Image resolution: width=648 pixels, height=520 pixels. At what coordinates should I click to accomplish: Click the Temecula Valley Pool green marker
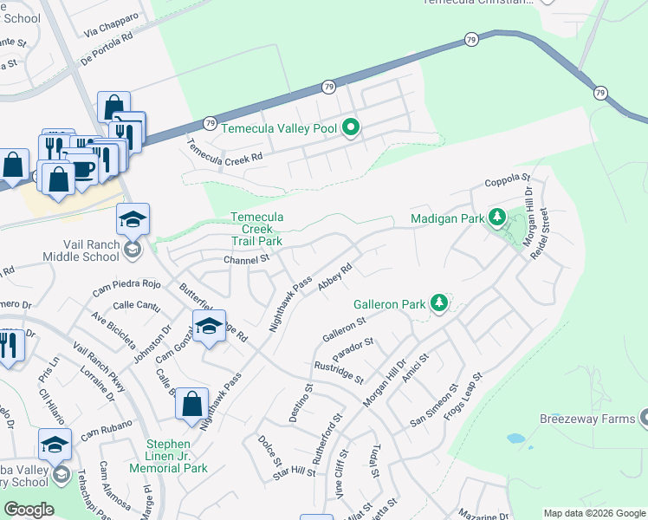coord(351,128)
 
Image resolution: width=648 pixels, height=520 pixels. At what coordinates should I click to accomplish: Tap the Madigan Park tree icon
coord(496,217)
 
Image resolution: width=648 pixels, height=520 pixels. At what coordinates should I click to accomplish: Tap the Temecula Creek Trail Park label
coord(256,229)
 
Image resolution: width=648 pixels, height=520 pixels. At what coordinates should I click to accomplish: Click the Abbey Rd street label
coord(334,278)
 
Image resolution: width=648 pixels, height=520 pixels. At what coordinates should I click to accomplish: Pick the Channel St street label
coord(247,258)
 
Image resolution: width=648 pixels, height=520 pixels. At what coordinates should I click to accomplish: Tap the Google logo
coord(29,510)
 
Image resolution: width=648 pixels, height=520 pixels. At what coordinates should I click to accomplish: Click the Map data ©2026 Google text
coord(593,513)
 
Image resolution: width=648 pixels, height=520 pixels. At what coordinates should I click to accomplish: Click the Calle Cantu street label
coord(136,304)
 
